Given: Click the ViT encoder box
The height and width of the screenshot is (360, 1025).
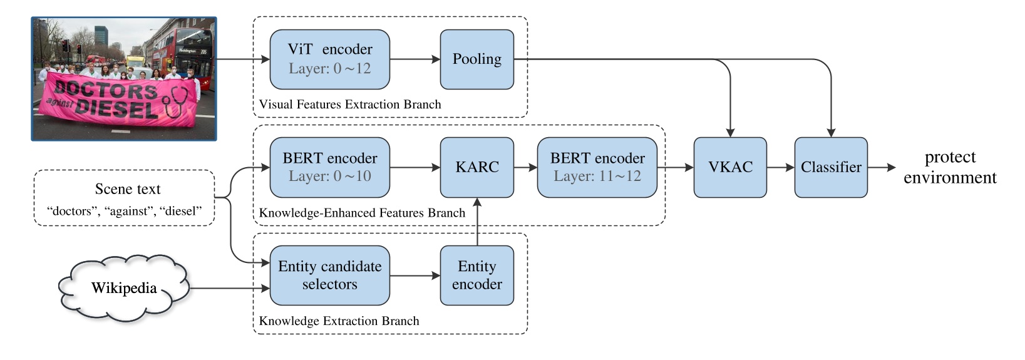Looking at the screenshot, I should [x=329, y=59].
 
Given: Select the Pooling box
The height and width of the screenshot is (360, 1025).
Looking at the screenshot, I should [x=476, y=59].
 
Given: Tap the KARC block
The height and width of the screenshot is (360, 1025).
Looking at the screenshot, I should [x=476, y=167].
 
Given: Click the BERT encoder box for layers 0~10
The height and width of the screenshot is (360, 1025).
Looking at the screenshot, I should [x=329, y=167].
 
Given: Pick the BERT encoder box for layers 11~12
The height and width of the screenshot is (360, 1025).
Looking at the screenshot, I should [x=597, y=167].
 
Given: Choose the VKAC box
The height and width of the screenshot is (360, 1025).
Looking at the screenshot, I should [x=730, y=167].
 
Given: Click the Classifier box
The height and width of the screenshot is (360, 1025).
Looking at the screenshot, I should [x=831, y=167].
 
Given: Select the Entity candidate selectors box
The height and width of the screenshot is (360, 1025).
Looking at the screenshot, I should [x=329, y=275].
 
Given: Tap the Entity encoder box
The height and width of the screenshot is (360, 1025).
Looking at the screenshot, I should [x=476, y=275].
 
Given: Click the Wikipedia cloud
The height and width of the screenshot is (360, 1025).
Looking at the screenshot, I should [x=123, y=288].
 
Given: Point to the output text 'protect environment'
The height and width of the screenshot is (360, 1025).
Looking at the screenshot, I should [x=950, y=167].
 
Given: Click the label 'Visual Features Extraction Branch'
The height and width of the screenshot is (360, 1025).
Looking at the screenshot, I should [x=350, y=105].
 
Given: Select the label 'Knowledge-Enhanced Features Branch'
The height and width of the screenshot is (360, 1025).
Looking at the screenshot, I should [x=362, y=213].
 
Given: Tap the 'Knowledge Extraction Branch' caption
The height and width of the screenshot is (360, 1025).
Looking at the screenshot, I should [x=339, y=321].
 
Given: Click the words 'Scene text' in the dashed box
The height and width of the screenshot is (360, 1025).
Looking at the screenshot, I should [x=128, y=189].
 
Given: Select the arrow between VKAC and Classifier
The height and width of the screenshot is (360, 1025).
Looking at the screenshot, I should [x=780, y=167].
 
